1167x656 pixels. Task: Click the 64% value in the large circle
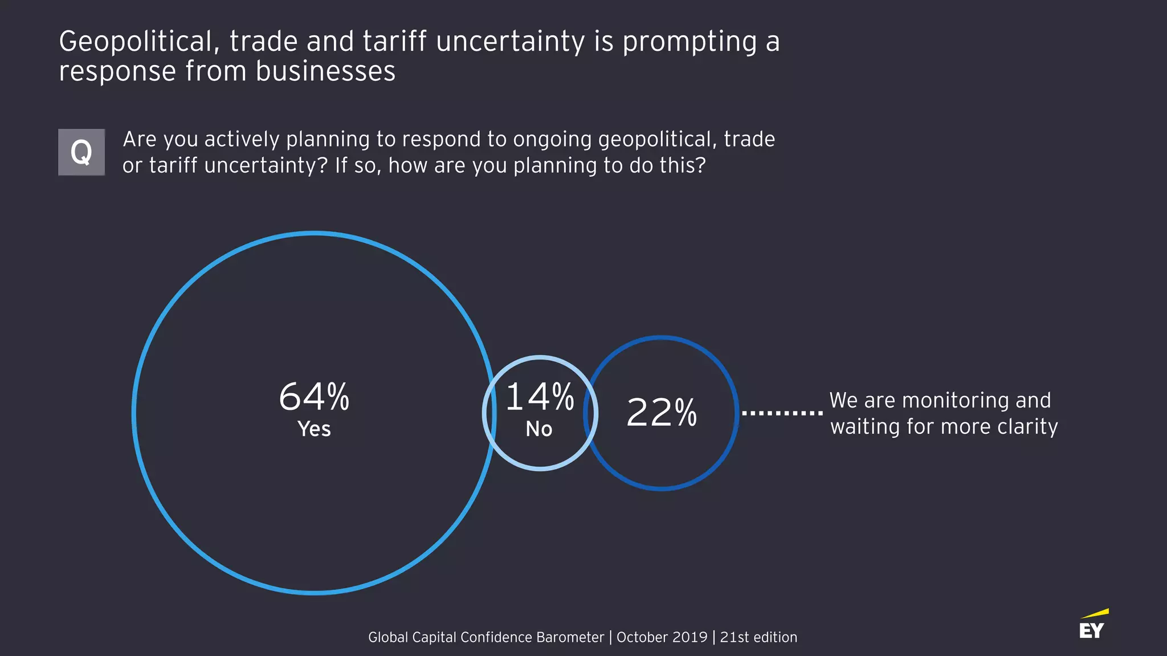[x=314, y=397]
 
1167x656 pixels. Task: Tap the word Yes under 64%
[x=314, y=429]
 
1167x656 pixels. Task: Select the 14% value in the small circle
[x=540, y=397]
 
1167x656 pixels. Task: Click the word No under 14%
[x=539, y=429]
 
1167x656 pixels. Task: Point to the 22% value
[x=661, y=412]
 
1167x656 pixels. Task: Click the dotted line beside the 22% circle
[x=782, y=413]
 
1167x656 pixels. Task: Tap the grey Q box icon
[x=81, y=152]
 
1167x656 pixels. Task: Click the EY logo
[x=1092, y=630]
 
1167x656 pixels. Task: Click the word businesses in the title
[x=325, y=72]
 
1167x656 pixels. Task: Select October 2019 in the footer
[x=662, y=637]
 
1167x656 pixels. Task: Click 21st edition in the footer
[x=758, y=637]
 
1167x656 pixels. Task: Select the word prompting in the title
[x=689, y=42]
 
